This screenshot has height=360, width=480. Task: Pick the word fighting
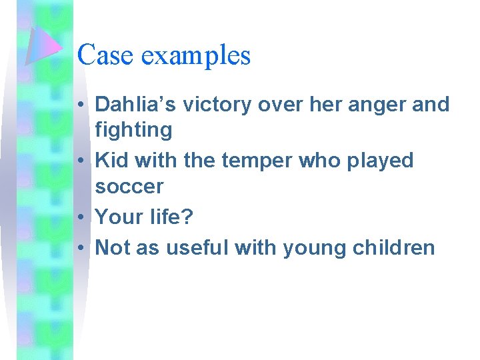tap(133, 130)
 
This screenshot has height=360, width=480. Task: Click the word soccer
tap(129, 187)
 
